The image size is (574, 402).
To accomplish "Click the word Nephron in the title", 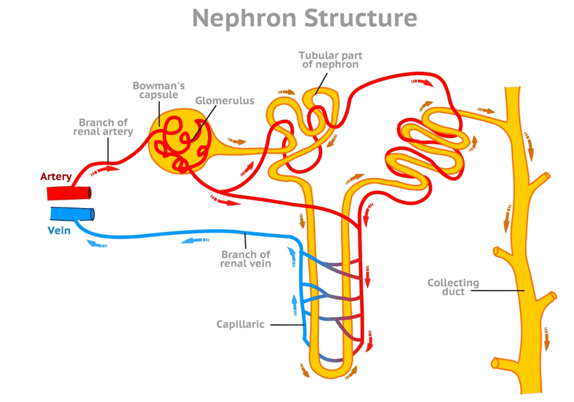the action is click(x=244, y=19).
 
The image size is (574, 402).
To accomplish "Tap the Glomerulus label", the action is click(x=224, y=101).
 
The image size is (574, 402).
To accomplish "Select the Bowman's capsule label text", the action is click(x=159, y=90).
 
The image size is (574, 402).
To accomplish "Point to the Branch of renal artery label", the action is click(x=103, y=127).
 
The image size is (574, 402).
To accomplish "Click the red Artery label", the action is click(x=55, y=177).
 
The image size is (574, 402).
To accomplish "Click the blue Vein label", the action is click(x=59, y=230).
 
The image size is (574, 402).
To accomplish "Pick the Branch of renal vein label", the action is click(x=246, y=259).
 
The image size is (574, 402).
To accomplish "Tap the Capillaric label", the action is click(x=240, y=325).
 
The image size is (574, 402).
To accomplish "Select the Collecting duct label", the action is click(x=453, y=287).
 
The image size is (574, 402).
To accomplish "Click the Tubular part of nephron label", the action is click(x=330, y=59).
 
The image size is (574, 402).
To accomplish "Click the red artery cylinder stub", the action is click(x=69, y=193).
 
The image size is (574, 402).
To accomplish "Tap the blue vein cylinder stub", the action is click(x=72, y=214).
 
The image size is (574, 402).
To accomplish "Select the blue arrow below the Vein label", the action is click(x=96, y=243).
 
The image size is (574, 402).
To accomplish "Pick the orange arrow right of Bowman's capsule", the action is click(x=237, y=141).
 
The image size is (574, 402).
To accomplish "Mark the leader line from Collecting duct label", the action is click(x=498, y=290).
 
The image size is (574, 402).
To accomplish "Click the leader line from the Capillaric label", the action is click(x=288, y=325).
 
